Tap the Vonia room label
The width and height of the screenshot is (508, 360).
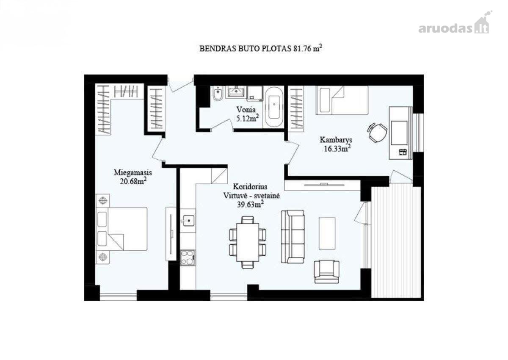pyautogui.click(x=246, y=110)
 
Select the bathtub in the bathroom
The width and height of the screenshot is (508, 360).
pyautogui.click(x=274, y=107)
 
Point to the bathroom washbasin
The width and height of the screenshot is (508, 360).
pyautogui.click(x=237, y=91)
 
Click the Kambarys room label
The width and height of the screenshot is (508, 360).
pyautogui.click(x=336, y=140)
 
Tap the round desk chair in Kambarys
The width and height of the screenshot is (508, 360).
pyautogui.click(x=377, y=133)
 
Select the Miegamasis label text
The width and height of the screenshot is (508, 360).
pyautogui.click(x=133, y=173)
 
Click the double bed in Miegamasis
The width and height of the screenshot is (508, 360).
pyautogui.click(x=122, y=229)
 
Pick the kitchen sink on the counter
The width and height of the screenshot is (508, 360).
pyautogui.click(x=188, y=221)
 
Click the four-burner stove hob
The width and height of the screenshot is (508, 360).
pyautogui.click(x=187, y=258)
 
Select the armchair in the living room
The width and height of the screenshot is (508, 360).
pyautogui.click(x=326, y=271)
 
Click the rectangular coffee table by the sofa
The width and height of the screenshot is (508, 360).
pyautogui.click(x=327, y=233)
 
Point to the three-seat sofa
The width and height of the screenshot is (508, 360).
pyautogui.click(x=293, y=237)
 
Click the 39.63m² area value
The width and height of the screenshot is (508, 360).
pyautogui.click(x=250, y=204)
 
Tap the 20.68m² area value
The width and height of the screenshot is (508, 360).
pyautogui.click(x=133, y=181)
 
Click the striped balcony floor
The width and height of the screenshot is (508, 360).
pyautogui.click(x=397, y=242)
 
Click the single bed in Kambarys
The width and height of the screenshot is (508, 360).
pyautogui.click(x=342, y=100)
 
